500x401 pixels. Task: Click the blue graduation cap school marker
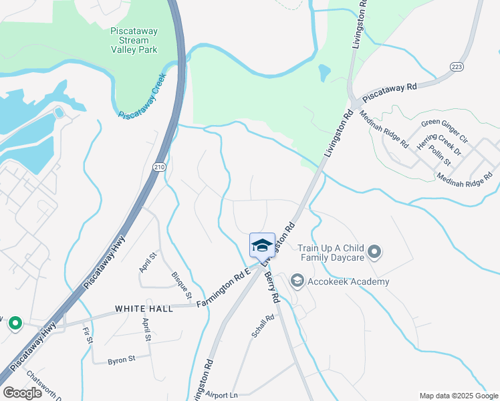point(262,245)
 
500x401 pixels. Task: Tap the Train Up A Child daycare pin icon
point(374,253)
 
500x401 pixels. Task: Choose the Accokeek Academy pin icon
point(297,281)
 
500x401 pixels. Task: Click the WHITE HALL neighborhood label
point(144,308)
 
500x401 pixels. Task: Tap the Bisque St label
point(182,285)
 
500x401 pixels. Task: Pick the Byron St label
point(122,360)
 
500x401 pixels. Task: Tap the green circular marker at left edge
point(15,323)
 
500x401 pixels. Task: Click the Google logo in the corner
point(22,392)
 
